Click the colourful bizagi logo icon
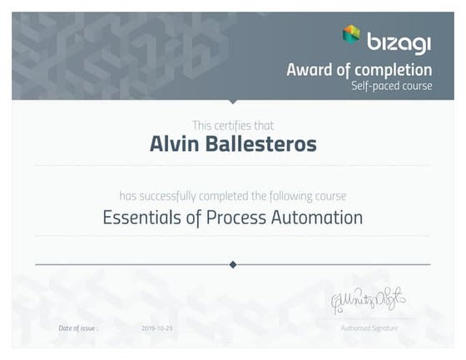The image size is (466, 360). [351, 34]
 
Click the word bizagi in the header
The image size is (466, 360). [399, 39]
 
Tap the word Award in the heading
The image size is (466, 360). [310, 69]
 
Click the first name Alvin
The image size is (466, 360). [173, 144]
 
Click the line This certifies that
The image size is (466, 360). [232, 124]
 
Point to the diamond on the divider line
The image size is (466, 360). [233, 264]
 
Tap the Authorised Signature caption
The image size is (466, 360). [369, 328]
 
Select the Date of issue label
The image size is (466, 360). [78, 328]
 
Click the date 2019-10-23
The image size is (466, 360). [156, 328]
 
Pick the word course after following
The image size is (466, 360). [330, 197]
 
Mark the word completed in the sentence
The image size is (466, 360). [225, 197]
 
